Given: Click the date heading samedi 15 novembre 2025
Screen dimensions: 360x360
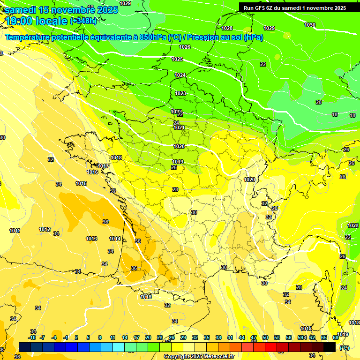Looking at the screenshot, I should pos(61,10).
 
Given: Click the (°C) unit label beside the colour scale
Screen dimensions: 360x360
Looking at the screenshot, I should pos(345,348).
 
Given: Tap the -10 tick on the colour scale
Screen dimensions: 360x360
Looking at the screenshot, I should pos(32,337).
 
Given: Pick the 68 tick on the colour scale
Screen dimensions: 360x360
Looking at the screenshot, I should pos(336,337).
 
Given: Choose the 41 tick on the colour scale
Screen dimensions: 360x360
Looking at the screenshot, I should pos(230,337).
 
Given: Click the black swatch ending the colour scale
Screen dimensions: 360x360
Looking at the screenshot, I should pos(330,347).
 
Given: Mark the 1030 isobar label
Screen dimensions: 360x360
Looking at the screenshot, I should pos(310,25).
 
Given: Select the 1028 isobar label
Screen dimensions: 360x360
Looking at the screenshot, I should pos(227,28).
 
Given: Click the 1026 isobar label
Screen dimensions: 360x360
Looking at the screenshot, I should pos(185,47).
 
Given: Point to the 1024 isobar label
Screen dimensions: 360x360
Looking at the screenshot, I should pos(180,75).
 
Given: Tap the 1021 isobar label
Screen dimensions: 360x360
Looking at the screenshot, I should pos(179,127).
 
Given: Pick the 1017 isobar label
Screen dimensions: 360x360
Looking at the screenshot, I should pos(104,166).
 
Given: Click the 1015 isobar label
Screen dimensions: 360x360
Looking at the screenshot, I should pos(81,183).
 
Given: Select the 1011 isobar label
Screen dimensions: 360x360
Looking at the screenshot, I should pos(15,231).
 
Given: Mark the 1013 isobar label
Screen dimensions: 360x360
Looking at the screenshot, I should pos(91,239).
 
